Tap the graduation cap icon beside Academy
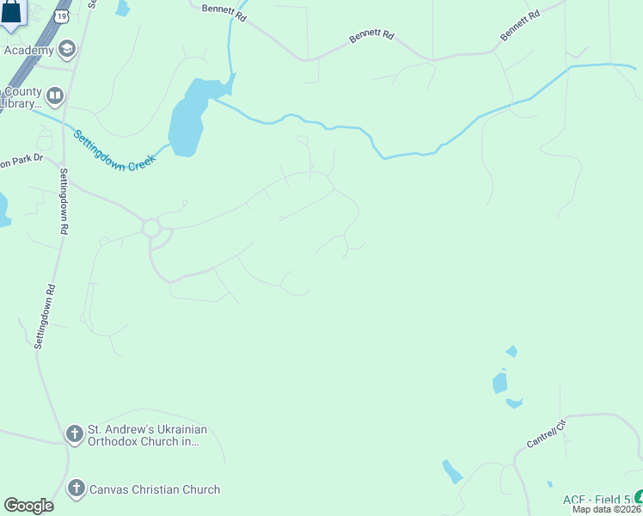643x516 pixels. pyautogui.click(x=67, y=50)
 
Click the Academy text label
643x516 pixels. pyautogui.click(x=28, y=50)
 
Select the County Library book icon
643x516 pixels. pyautogui.click(x=55, y=95)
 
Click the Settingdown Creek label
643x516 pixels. pyautogui.click(x=112, y=150)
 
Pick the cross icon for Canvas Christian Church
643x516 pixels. pyautogui.click(x=76, y=489)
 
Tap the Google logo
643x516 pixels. pyautogui.click(x=28, y=506)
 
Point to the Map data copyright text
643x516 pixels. pyautogui.click(x=607, y=509)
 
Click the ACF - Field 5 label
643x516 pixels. pyautogui.click(x=597, y=500)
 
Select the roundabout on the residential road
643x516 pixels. pyautogui.click(x=152, y=228)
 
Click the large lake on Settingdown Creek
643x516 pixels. pyautogui.click(x=187, y=120)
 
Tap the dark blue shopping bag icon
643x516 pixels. pyautogui.click(x=10, y=13)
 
